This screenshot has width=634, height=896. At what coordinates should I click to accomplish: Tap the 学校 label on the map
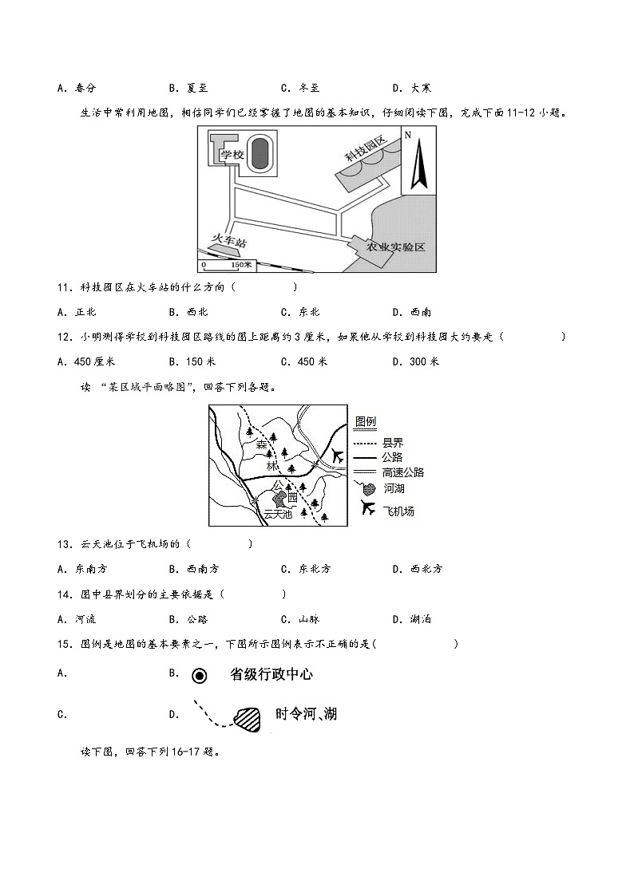[232, 154]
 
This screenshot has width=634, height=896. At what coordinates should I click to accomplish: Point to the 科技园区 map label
[366, 149]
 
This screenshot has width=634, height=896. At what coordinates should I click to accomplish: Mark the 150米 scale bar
[226, 264]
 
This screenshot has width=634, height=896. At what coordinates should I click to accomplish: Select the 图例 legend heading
[366, 421]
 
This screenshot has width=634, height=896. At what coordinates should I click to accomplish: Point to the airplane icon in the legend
[368, 507]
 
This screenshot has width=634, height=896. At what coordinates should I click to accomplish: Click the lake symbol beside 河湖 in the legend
[367, 487]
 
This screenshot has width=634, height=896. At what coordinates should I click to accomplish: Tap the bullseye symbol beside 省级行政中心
[200, 676]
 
